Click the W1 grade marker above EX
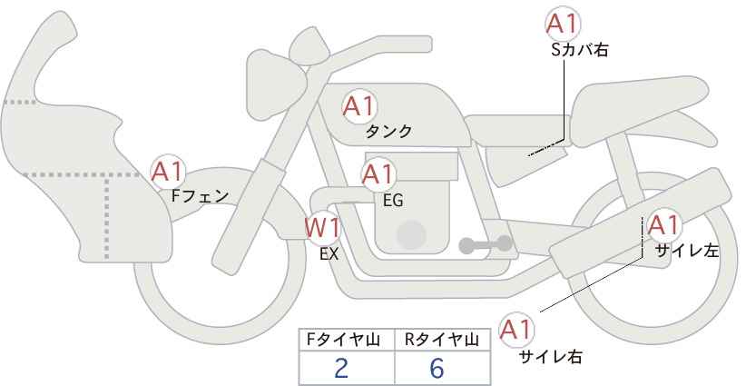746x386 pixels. tap(323, 228)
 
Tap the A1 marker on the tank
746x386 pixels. tap(359, 106)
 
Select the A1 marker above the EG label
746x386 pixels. tap(378, 174)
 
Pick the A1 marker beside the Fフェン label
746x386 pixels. tap(167, 172)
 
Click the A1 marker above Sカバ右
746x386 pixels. tap(563, 24)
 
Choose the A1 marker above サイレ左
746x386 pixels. tap(663, 225)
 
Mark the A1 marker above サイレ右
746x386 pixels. tap(516, 330)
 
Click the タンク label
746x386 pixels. tap(388, 132)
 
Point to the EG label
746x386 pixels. tap(393, 201)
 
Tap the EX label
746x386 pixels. tap(329, 254)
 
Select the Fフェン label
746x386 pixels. tap(200, 196)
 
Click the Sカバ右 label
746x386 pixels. tap(580, 50)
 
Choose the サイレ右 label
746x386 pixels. tap(550, 356)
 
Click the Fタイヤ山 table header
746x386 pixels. tap(342, 340)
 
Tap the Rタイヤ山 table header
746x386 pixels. tap(441, 340)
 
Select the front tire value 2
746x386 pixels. tap(341, 368)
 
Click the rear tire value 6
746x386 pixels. tap(437, 368)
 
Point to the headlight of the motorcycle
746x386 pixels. tap(274, 84)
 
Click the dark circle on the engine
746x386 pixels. tap(411, 234)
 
